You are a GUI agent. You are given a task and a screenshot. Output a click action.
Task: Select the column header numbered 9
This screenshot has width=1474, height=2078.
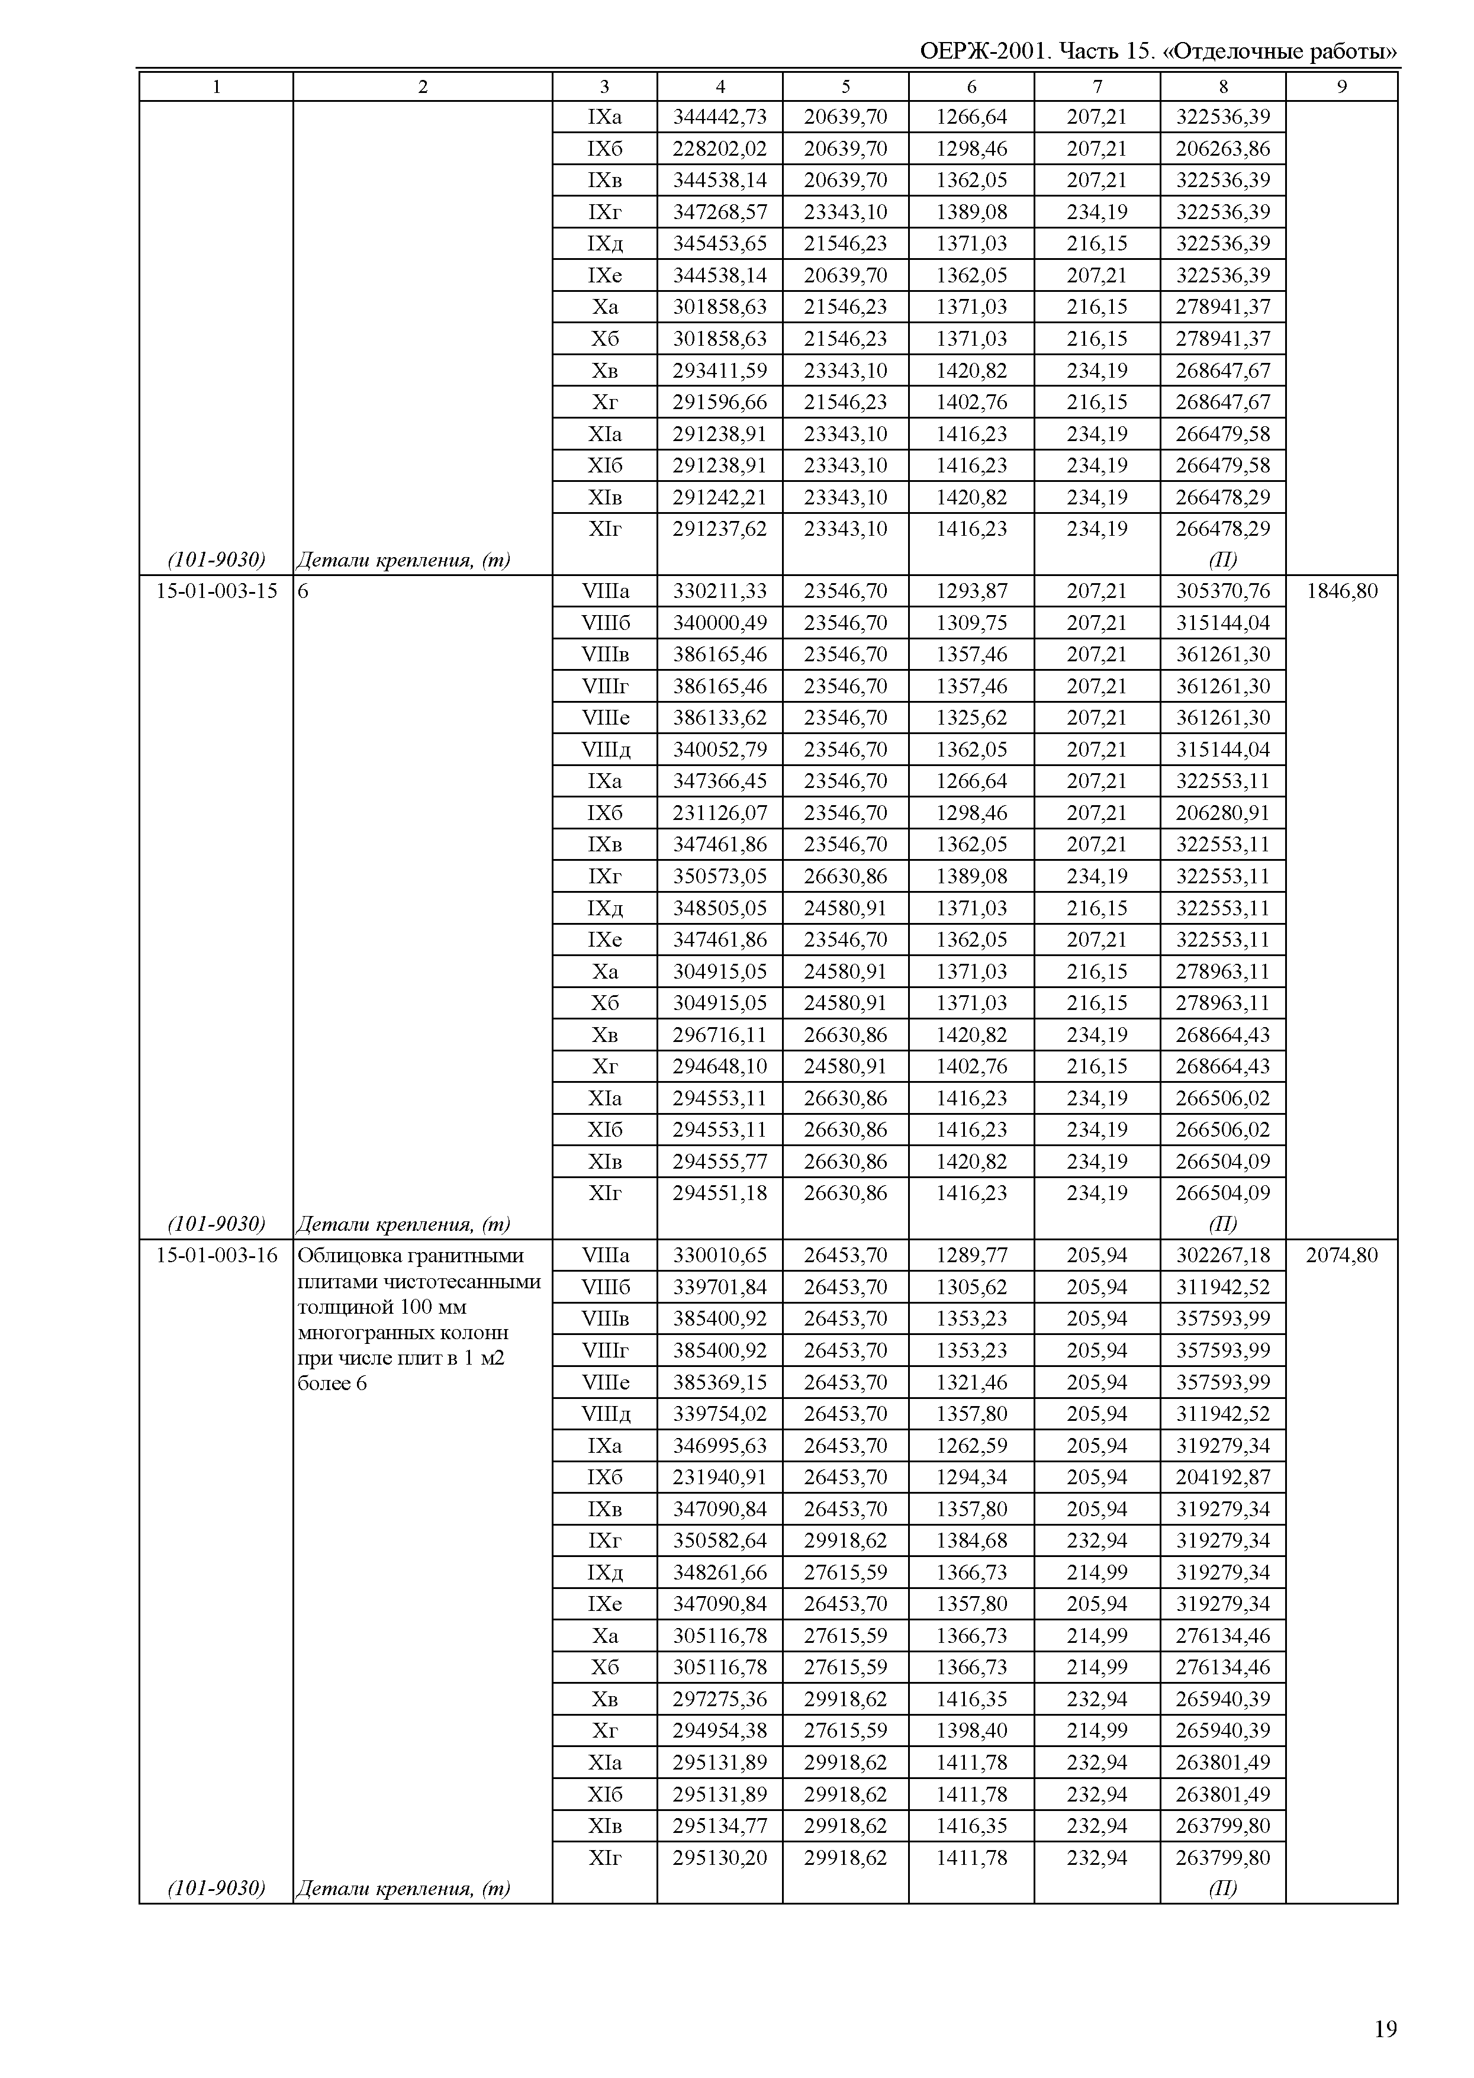(1341, 87)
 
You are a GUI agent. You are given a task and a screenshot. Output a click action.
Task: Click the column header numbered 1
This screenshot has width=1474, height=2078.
(216, 87)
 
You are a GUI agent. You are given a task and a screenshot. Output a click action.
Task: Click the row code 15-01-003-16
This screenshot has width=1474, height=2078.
(217, 1256)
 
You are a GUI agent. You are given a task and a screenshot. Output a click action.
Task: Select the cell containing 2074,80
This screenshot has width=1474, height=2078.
(1341, 1256)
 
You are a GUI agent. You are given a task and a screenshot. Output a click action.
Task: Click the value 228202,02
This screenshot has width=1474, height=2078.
(720, 149)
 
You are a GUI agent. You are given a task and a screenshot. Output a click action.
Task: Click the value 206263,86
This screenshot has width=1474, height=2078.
(1222, 149)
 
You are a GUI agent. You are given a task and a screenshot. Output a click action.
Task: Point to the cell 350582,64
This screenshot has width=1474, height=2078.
(720, 1540)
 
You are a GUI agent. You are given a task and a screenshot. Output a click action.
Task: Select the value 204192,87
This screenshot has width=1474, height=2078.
(1222, 1477)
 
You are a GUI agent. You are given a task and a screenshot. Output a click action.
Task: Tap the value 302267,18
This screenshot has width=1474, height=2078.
(1222, 1256)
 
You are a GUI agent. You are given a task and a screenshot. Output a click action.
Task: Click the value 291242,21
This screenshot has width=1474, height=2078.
(720, 497)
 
